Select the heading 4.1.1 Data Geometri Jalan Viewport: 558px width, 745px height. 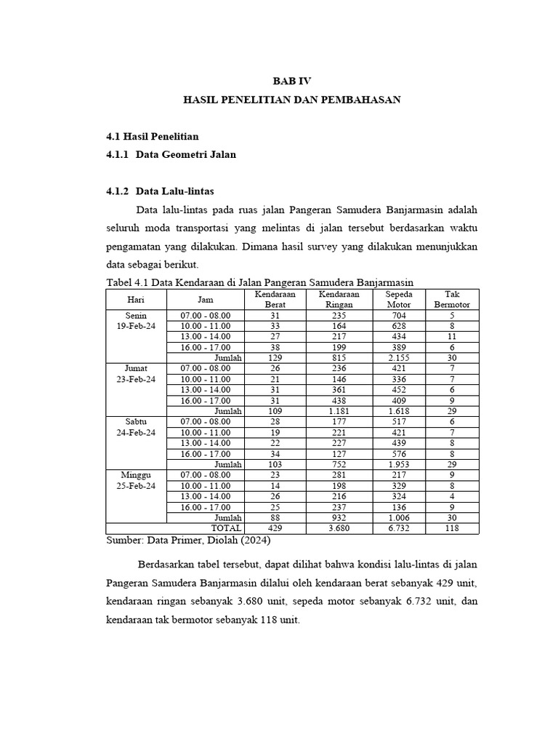(x=171, y=154)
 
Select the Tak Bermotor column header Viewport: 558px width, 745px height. (x=452, y=299)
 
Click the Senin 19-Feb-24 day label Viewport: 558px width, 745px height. (x=136, y=321)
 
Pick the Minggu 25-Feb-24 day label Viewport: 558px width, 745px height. (x=136, y=480)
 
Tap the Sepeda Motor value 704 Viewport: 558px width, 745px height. (x=398, y=316)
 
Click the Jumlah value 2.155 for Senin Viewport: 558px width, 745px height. (x=398, y=358)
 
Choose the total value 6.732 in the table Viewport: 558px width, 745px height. (x=398, y=528)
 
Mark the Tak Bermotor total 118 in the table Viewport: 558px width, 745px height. (x=452, y=528)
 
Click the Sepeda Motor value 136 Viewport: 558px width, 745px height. (x=398, y=507)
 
